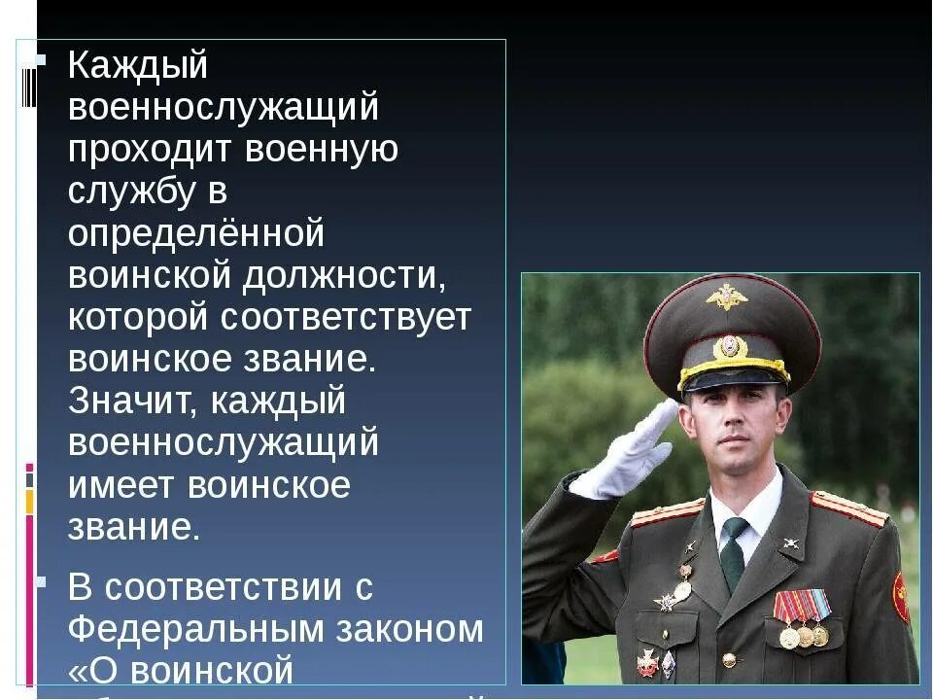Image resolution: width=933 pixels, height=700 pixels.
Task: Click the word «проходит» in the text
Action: pyautogui.click(x=148, y=151)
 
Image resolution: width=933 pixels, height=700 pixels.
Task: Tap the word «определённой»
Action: pyautogui.click(x=195, y=234)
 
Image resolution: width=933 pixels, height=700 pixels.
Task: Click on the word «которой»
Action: pyautogui.click(x=139, y=318)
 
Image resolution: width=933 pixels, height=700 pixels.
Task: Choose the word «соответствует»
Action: pyautogui.click(x=347, y=318)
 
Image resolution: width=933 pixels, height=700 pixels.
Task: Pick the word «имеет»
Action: pyautogui.click(x=120, y=485)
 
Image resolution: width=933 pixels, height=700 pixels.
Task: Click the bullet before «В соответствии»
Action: pyautogui.click(x=40, y=583)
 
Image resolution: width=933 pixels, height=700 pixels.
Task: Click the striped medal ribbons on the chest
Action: pyautogui.click(x=802, y=606)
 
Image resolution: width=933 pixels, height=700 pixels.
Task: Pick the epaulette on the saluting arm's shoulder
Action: pyautogui.click(x=667, y=512)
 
